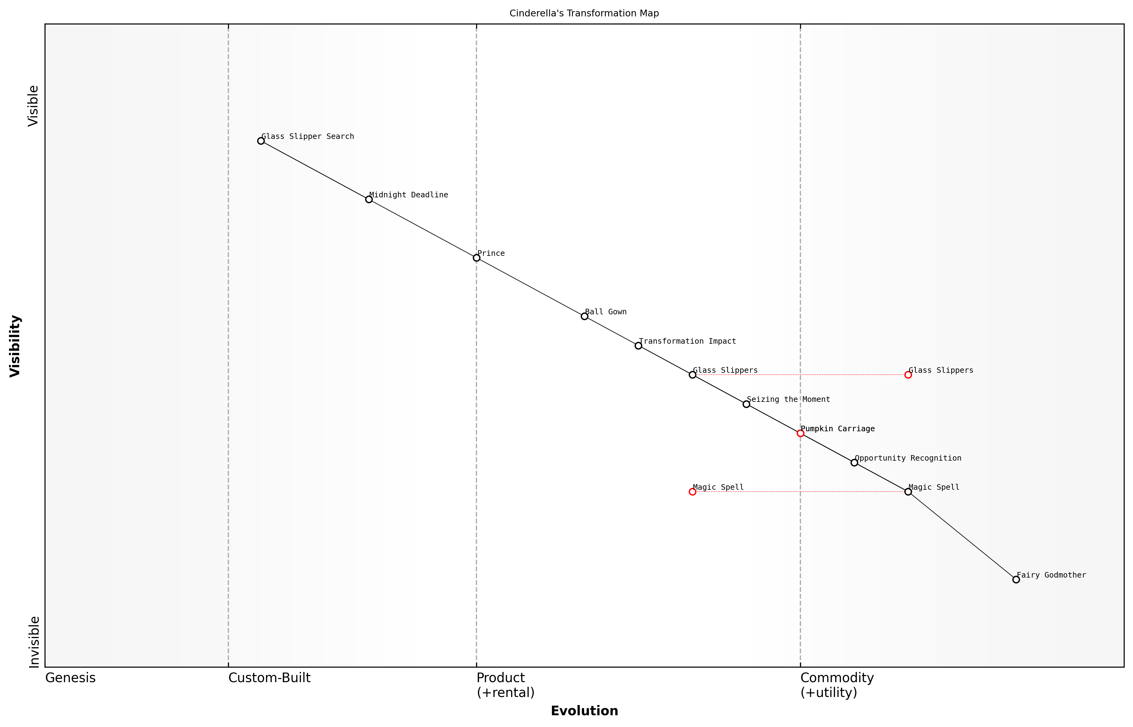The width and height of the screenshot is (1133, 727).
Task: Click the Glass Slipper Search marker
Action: coord(261,141)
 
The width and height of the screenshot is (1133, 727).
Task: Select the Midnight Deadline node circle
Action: coord(369,199)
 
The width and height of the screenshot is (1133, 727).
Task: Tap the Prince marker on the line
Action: coord(476,258)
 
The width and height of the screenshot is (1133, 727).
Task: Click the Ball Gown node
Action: coord(584,316)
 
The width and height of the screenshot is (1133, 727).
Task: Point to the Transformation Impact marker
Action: coord(638,346)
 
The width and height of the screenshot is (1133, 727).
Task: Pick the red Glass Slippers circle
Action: coord(908,375)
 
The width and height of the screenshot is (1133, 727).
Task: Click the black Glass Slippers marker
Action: coord(692,375)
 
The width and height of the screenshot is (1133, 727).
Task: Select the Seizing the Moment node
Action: coord(746,404)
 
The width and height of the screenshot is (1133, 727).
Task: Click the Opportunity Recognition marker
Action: coord(854,462)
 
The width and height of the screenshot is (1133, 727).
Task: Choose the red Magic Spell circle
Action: coord(692,492)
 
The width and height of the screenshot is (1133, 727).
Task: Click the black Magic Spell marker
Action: coord(908,492)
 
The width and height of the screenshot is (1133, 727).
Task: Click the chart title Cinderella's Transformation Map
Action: coord(584,13)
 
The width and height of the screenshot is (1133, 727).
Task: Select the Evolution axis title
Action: coord(584,711)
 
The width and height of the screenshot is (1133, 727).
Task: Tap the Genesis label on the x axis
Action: coord(70,678)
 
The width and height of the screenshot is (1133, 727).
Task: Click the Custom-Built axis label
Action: coord(269,678)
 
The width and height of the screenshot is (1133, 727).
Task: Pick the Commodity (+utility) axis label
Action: coord(837,685)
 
